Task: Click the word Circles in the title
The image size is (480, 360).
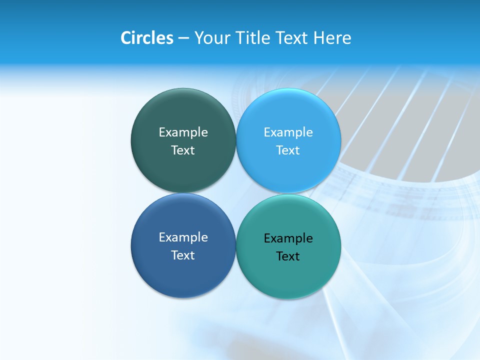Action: point(146,38)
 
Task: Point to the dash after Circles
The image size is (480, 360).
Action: point(183,38)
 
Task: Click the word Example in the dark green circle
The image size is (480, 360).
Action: point(183,132)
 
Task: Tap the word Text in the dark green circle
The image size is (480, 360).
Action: point(183,150)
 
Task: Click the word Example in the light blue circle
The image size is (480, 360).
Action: point(288,132)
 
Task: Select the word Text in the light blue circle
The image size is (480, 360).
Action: point(288,150)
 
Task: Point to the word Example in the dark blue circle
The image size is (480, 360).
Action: point(183,237)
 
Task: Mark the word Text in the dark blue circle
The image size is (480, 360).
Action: point(183,255)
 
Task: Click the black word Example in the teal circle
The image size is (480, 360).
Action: point(288,238)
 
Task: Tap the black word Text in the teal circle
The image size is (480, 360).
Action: point(288,256)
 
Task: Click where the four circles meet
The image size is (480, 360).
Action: point(236,193)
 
